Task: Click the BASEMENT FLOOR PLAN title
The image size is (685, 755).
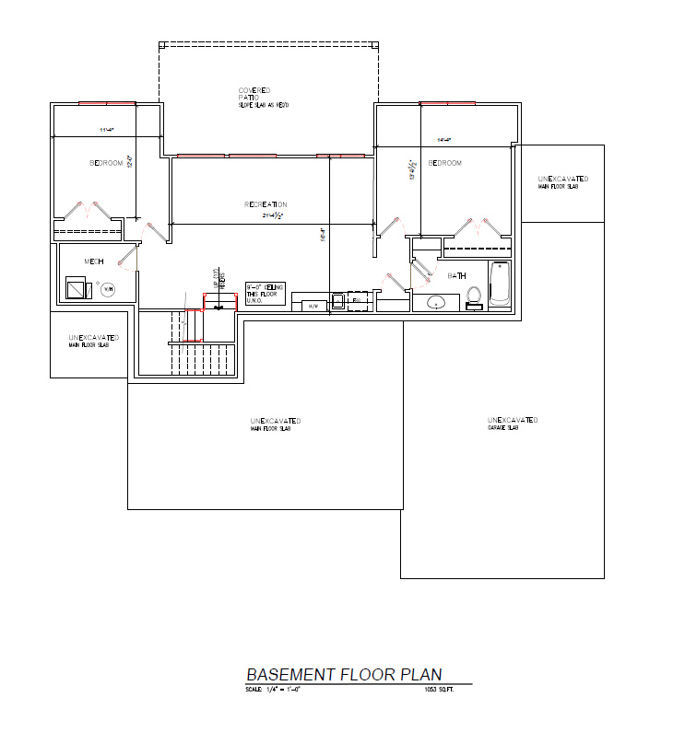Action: coord(343,674)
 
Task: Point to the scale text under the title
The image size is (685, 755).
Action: coord(273,689)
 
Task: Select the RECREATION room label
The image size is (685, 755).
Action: coord(266,204)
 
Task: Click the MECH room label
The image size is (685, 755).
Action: coord(93,261)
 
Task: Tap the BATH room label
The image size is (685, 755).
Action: coord(456,275)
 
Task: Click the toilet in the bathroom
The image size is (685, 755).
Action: coord(474,296)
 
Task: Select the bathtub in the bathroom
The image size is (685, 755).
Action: coord(498,285)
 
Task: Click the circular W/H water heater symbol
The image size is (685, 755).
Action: coord(108,289)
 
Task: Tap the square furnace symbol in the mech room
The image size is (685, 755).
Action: coord(74,289)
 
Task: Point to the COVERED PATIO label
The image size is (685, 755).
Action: coord(254,94)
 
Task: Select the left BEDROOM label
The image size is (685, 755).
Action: coord(105,163)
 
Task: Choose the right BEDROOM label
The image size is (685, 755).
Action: coord(444,163)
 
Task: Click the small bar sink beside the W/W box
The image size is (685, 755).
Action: coord(337,302)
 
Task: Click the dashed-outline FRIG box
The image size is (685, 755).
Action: coord(358,300)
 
